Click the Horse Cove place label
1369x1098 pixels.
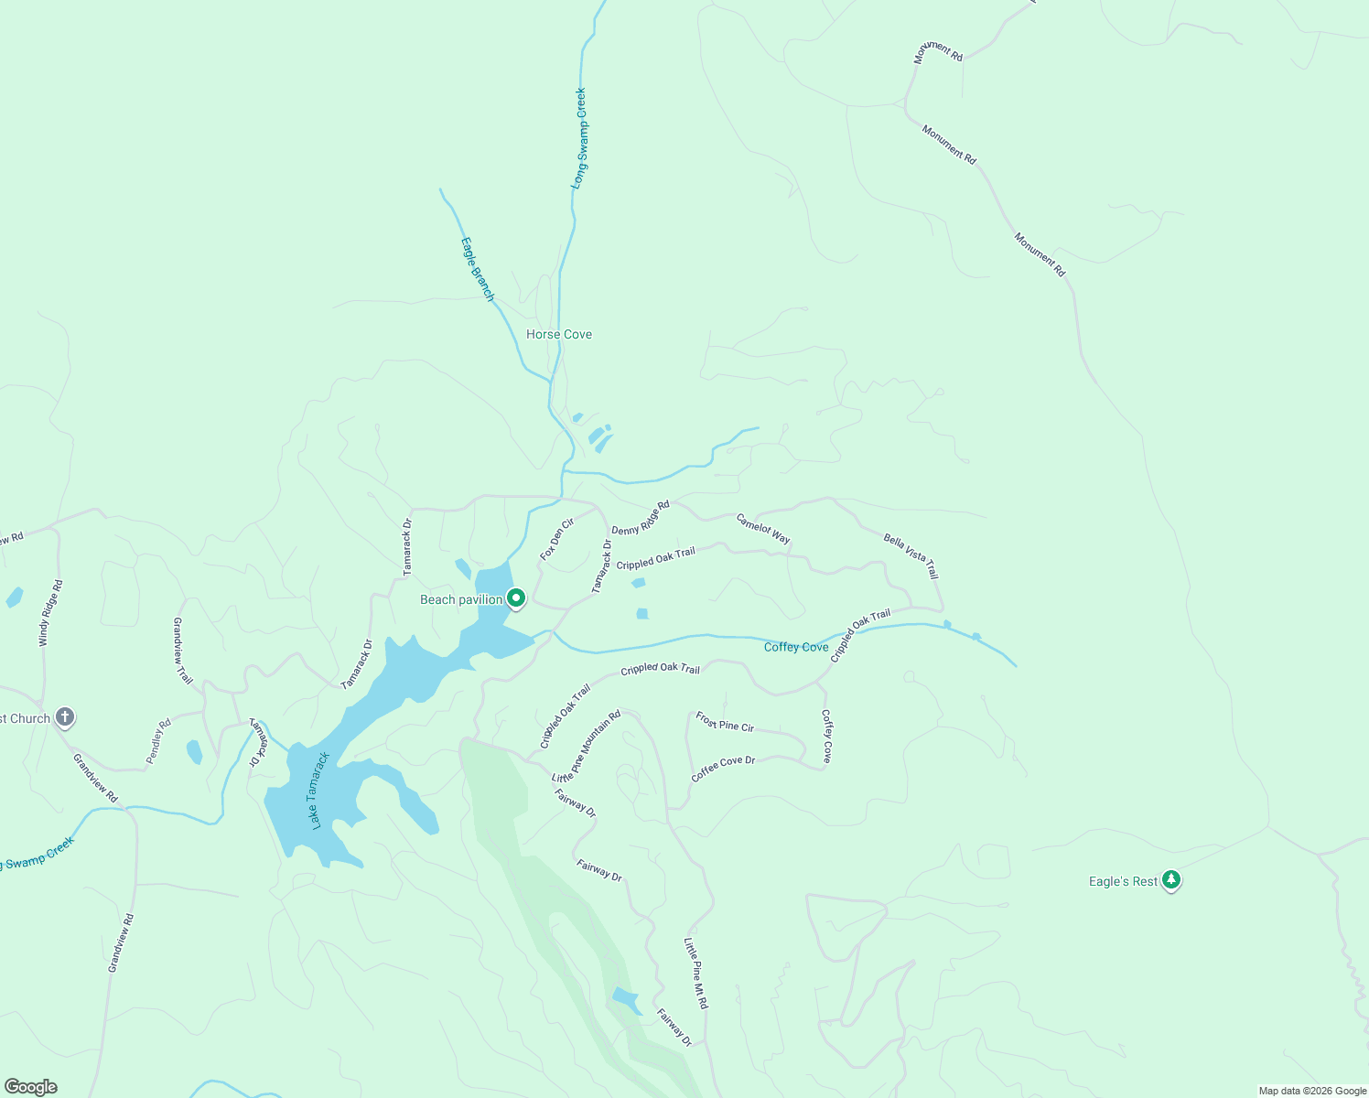[x=559, y=335]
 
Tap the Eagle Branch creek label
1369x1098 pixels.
[x=477, y=269]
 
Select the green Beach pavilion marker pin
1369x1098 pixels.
[x=516, y=598]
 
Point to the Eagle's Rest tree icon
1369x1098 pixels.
[x=1171, y=880]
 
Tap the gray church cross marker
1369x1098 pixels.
[x=64, y=717]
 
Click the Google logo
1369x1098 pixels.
[x=31, y=1087]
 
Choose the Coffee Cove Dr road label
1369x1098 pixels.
[x=723, y=768]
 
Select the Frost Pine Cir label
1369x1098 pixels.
[x=725, y=721]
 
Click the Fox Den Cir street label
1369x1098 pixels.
[x=556, y=539]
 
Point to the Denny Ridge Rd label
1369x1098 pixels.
[x=641, y=518]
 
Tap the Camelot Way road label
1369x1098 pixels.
[x=763, y=528]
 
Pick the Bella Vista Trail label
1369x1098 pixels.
[x=911, y=555]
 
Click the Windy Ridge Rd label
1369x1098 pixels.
[x=50, y=613]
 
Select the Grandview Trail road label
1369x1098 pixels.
[x=183, y=651]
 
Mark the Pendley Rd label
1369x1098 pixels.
[x=158, y=742]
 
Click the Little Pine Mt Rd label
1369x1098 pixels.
[x=696, y=973]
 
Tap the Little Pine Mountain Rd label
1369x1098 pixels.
[x=587, y=746]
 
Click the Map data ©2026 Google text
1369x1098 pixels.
[x=1312, y=1091]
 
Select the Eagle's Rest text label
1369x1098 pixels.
[x=1123, y=881]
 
